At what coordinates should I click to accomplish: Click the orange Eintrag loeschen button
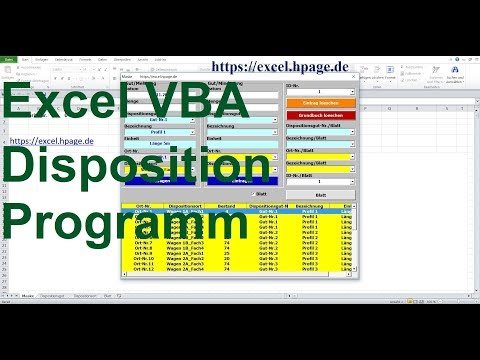(320, 103)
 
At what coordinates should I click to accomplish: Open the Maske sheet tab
(31, 296)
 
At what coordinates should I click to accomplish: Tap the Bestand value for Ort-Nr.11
(227, 262)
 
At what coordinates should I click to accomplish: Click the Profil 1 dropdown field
(160, 131)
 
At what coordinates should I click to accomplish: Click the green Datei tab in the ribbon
(8, 58)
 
